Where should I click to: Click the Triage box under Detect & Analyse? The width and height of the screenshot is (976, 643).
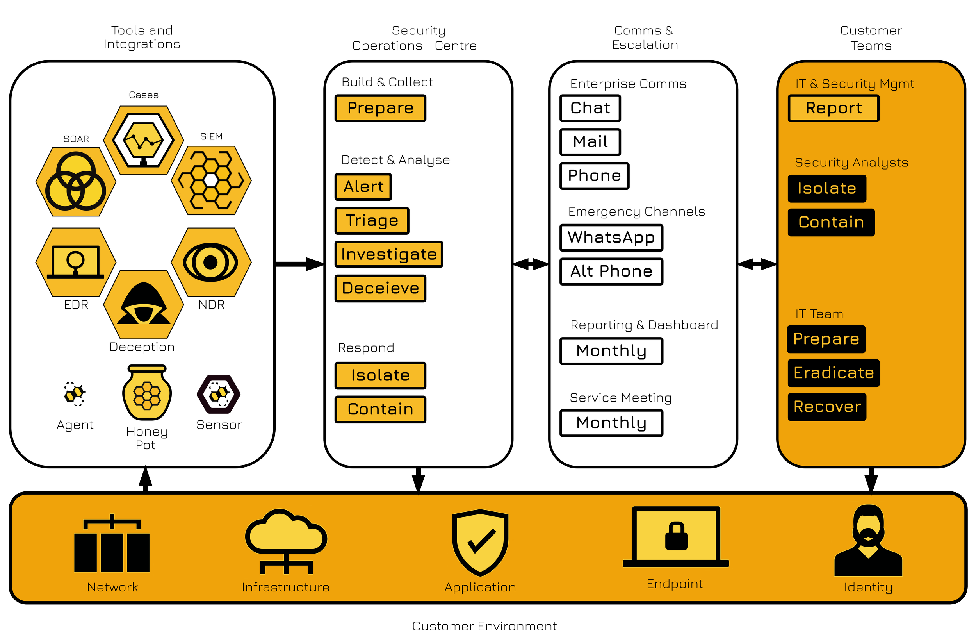coord(372,221)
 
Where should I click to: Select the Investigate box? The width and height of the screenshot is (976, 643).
coord(389,254)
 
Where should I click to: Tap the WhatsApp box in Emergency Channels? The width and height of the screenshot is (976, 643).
coord(611,238)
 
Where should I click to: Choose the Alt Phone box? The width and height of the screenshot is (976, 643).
coord(611,271)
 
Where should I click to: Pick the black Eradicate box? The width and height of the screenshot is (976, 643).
coord(833,373)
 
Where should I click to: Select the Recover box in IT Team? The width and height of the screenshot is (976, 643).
coord(827,407)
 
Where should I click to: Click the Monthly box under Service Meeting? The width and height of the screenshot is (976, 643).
coord(611,423)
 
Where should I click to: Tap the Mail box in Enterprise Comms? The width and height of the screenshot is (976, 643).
coord(590,142)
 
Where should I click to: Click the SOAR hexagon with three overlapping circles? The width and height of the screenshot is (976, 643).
coord(76,181)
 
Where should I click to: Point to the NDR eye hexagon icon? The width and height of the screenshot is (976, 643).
coord(211,262)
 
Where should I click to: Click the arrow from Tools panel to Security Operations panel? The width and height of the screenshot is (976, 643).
coord(299,264)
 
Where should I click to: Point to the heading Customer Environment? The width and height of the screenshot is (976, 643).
coord(484,626)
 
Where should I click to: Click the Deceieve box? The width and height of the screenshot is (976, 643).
coord(380,288)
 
